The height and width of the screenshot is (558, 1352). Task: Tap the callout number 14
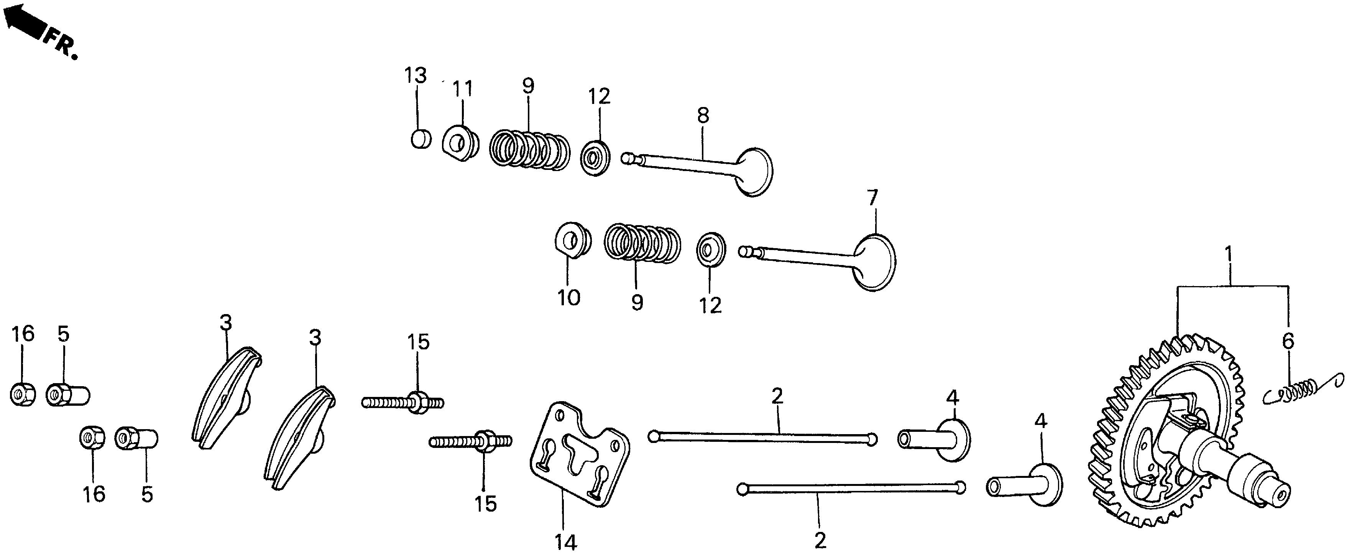click(566, 542)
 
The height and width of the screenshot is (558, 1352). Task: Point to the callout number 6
click(1288, 341)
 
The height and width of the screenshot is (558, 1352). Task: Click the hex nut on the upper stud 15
click(417, 403)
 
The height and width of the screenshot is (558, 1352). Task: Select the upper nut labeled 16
click(23, 394)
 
